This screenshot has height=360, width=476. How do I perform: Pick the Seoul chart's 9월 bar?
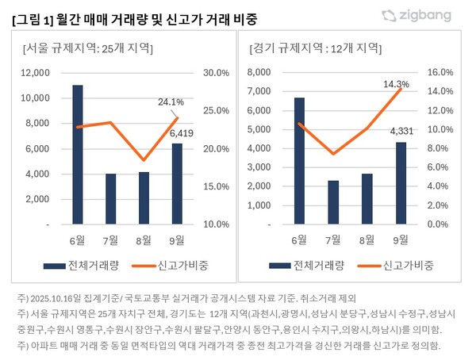177,184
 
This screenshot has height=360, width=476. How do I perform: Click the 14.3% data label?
396,83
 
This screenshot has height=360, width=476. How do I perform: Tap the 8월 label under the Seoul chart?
144,239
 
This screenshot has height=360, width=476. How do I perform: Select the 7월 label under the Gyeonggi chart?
333,239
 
